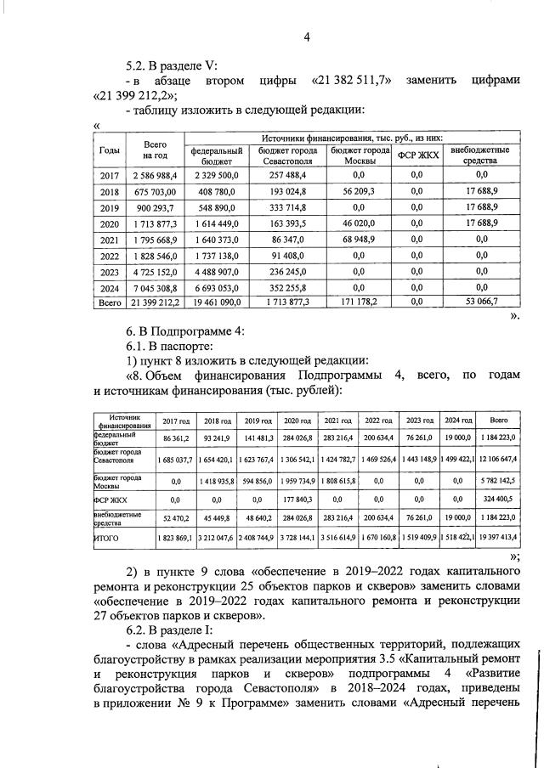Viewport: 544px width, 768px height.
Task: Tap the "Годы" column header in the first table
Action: (x=110, y=150)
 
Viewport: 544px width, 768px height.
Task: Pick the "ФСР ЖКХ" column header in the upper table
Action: (x=417, y=154)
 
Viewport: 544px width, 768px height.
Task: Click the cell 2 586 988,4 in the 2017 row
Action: (x=154, y=175)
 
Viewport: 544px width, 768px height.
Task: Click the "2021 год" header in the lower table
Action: (x=338, y=421)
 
